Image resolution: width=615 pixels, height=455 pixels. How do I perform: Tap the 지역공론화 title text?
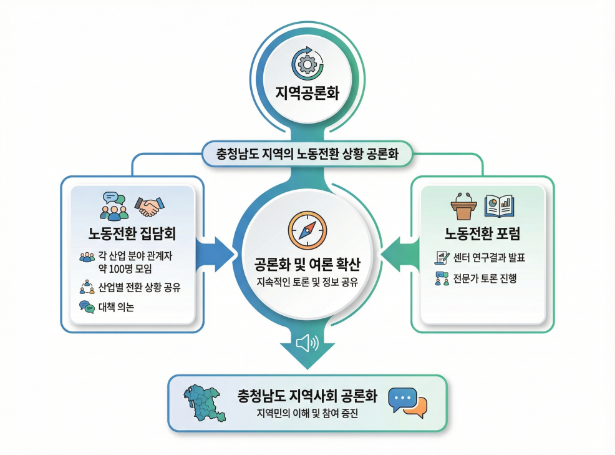307,94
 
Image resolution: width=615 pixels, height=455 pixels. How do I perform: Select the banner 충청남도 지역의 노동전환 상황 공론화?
307,153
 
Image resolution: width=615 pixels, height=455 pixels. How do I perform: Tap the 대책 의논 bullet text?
116,306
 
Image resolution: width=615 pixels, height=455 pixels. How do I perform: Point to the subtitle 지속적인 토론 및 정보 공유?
307,282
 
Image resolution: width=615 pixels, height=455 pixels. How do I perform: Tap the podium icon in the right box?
463,207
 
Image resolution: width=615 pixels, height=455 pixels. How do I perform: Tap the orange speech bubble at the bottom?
417,408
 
